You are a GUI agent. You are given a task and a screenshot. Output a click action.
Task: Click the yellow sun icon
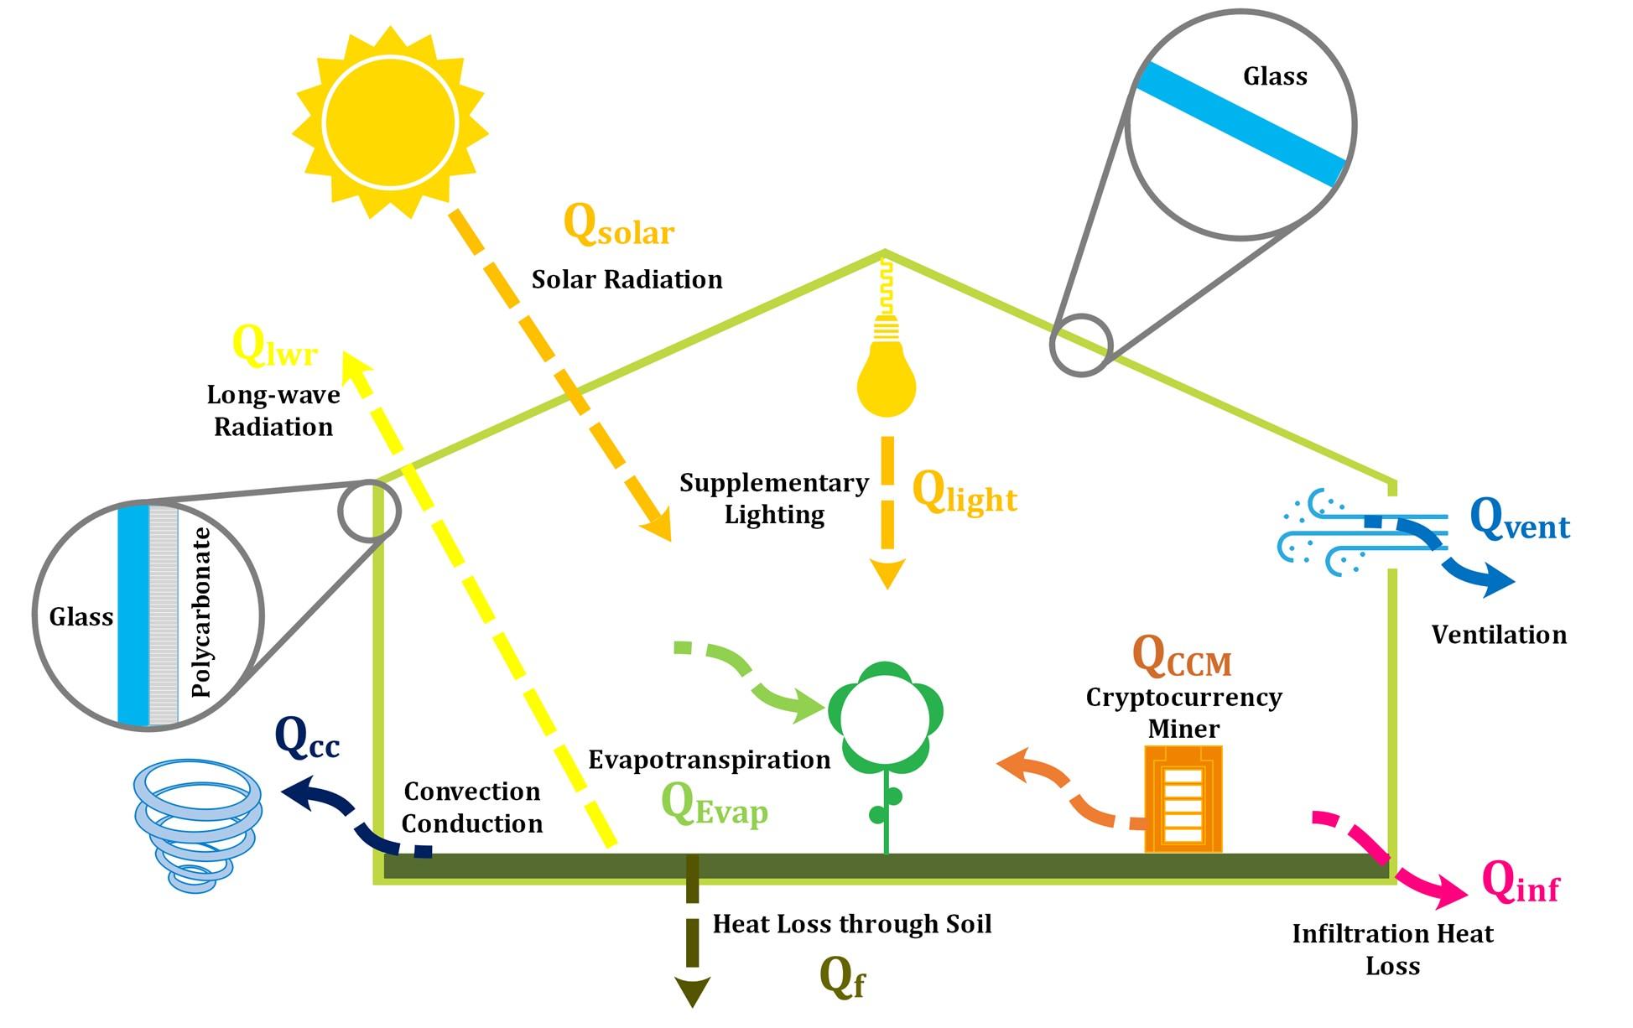coord(390,122)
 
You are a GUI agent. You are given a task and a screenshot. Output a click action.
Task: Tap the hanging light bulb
coord(887,373)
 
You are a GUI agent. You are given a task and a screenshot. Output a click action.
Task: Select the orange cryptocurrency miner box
coord(1183,798)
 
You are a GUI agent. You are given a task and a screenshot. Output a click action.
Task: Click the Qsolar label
coord(618,226)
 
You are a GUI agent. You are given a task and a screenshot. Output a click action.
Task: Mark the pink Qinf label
coord(1520,883)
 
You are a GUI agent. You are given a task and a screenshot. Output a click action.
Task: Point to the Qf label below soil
coord(841,978)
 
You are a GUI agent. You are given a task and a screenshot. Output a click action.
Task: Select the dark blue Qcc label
coord(307,740)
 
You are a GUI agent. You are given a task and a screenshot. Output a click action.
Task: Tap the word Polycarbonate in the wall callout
coord(201,613)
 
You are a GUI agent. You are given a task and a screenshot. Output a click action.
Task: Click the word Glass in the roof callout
coord(1274,77)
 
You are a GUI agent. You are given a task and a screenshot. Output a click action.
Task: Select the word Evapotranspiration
coord(709,760)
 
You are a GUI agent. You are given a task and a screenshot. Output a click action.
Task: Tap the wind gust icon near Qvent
coord(1334,532)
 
